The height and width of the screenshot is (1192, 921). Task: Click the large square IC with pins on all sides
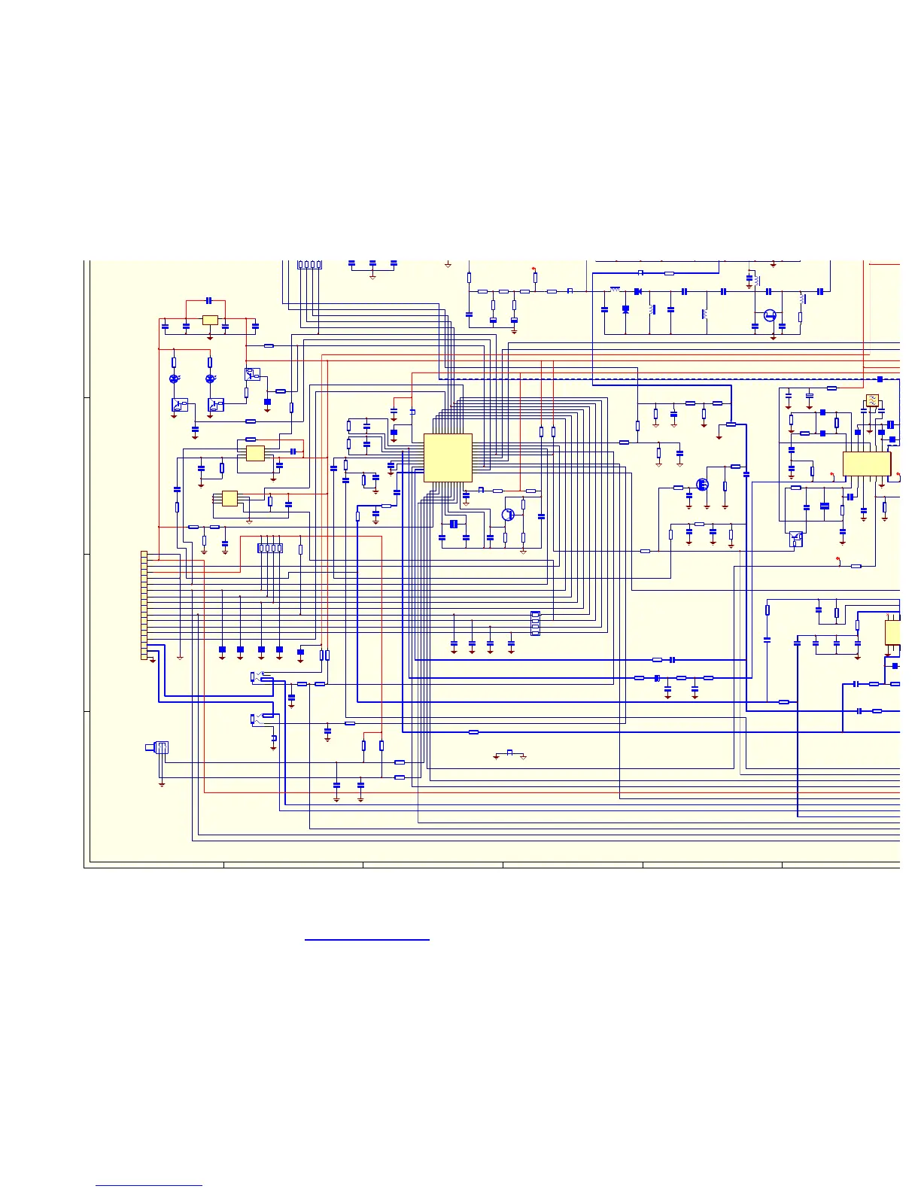(x=448, y=458)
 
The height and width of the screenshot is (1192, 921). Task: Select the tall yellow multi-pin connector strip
(x=144, y=605)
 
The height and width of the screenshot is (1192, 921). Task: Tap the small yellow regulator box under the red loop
(x=210, y=320)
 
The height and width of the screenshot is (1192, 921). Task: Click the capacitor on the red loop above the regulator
(x=209, y=301)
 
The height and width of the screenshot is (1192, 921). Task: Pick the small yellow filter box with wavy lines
(x=872, y=400)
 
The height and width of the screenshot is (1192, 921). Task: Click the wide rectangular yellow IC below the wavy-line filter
(x=866, y=464)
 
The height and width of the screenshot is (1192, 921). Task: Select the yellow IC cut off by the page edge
(x=892, y=632)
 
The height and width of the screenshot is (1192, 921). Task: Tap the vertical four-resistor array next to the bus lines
(x=535, y=623)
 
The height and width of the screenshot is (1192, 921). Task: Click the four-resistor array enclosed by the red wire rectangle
(x=270, y=548)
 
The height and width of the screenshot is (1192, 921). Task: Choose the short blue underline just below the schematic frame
(x=366, y=940)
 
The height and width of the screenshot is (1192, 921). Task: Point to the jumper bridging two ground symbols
(x=509, y=752)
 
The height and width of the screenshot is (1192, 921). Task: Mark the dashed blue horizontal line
(x=677, y=379)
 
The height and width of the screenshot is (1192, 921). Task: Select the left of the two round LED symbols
(x=174, y=379)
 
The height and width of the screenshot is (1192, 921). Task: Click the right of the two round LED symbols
(x=210, y=379)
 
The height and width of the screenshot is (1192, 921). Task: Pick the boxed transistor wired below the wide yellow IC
(x=795, y=539)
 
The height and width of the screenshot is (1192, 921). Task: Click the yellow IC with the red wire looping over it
(x=255, y=453)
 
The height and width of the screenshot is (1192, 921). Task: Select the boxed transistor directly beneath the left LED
(x=180, y=405)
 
